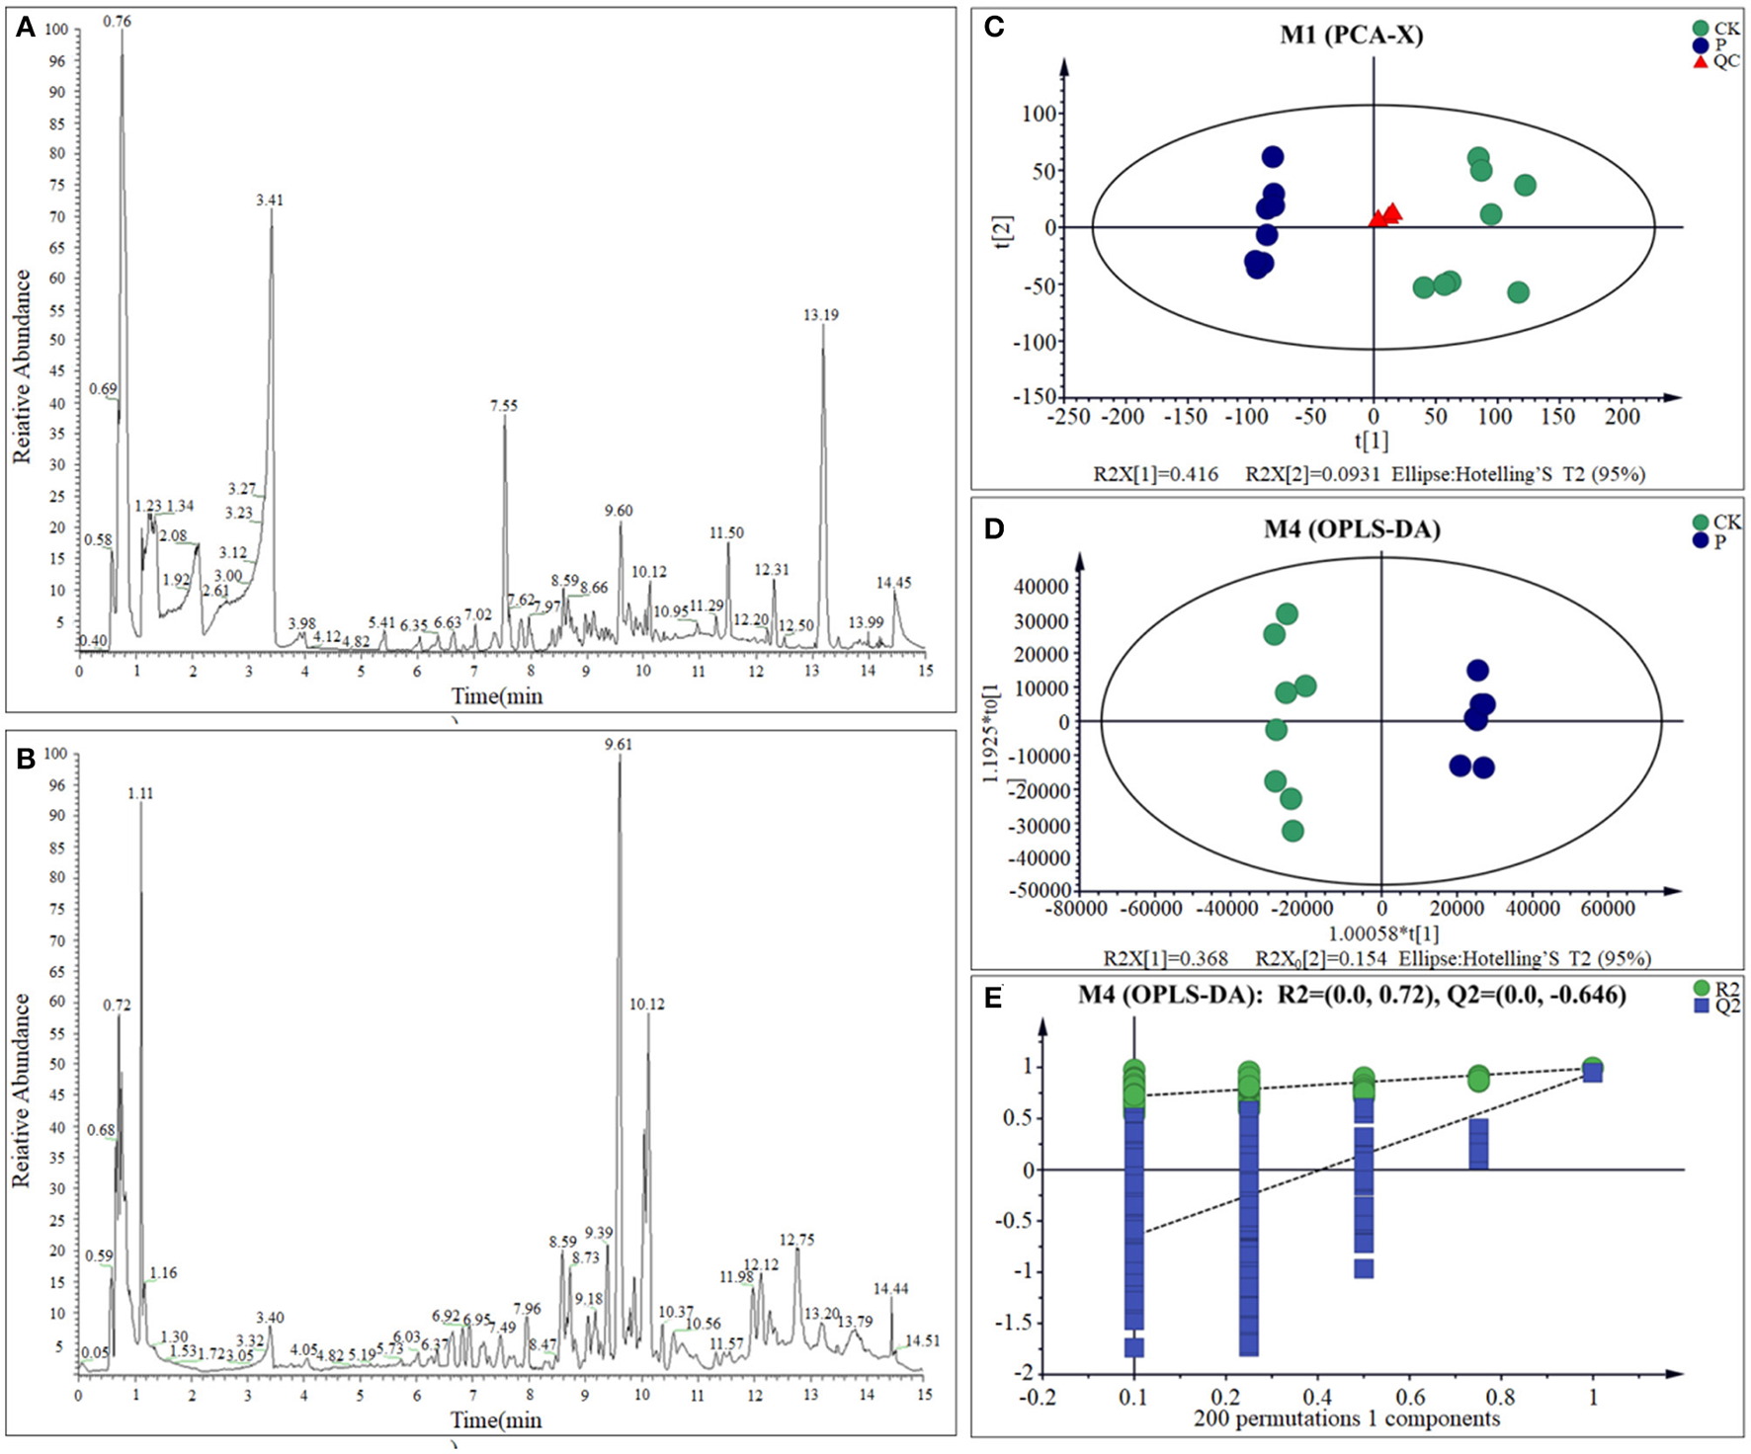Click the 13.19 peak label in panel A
pos(820,315)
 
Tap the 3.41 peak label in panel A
pos(269,200)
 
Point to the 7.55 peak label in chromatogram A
pos(503,405)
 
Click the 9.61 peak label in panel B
pos(619,745)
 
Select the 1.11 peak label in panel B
pos(140,793)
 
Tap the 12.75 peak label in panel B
pos(796,1240)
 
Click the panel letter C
pos(994,27)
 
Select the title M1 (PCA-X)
pos(1351,36)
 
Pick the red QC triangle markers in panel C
pos(1385,215)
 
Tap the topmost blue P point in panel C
pos(1272,157)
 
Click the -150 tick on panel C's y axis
pos(1038,397)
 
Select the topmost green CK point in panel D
pos(1286,614)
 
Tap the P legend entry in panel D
pos(1720,540)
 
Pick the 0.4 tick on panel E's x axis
pos(1316,1398)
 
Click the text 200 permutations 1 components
pos(1346,1419)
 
